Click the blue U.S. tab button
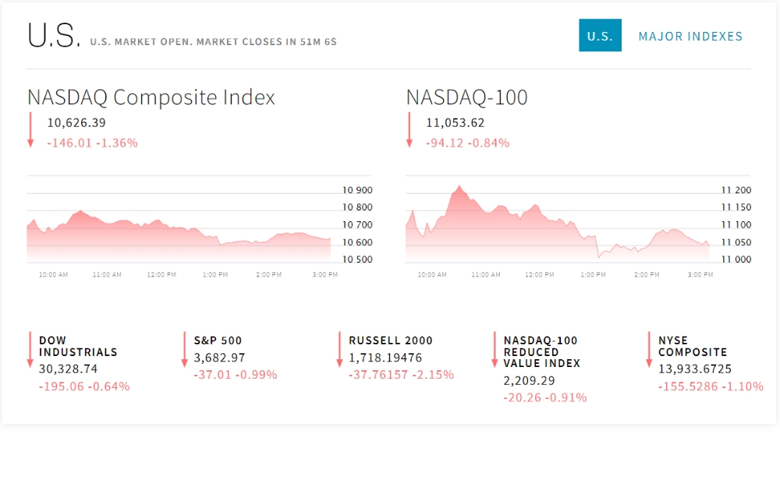(x=600, y=36)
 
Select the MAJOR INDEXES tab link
(x=690, y=36)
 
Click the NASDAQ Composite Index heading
(x=151, y=97)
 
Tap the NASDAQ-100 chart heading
(x=466, y=97)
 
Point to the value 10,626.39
(x=76, y=122)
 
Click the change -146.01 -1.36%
(x=92, y=143)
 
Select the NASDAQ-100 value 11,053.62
(x=456, y=122)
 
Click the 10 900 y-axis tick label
(x=357, y=190)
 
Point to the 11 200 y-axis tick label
(x=736, y=190)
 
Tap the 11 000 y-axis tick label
(x=736, y=259)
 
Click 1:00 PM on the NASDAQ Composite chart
(x=214, y=275)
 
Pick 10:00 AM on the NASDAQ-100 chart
(x=432, y=275)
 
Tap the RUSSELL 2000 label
(x=390, y=341)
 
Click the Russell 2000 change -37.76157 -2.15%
(x=401, y=375)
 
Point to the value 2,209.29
(x=530, y=380)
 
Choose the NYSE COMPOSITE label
(x=693, y=346)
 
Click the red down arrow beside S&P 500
(x=184, y=349)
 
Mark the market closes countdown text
(x=213, y=41)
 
